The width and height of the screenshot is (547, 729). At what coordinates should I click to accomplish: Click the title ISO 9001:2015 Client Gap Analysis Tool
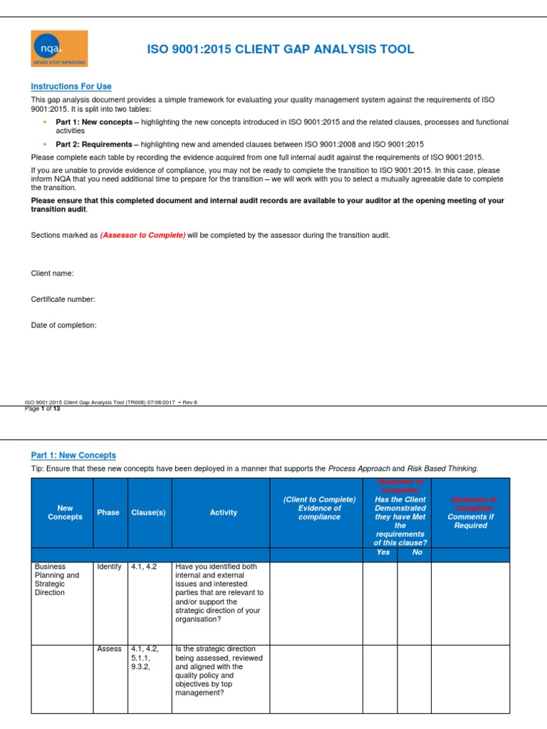click(280, 49)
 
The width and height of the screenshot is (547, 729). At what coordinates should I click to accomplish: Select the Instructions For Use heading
click(71, 87)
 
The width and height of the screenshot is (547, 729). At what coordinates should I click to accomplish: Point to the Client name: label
click(52, 273)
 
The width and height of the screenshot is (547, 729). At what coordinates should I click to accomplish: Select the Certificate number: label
click(63, 300)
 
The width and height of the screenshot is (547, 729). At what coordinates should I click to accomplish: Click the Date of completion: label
click(64, 325)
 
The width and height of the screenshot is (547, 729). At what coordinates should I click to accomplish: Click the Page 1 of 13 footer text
click(43, 409)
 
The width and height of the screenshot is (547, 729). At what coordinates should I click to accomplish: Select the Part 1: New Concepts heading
click(73, 455)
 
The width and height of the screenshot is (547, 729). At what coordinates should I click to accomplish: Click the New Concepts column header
click(65, 513)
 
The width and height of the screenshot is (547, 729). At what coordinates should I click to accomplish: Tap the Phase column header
click(108, 513)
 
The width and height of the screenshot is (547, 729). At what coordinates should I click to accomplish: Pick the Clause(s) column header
click(148, 513)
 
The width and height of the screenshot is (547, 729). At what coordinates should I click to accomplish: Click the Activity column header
click(224, 513)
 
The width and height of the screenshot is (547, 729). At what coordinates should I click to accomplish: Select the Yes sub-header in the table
click(383, 552)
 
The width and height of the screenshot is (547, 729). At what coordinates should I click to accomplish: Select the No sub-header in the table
click(417, 552)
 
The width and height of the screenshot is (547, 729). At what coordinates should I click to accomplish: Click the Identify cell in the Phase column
click(109, 567)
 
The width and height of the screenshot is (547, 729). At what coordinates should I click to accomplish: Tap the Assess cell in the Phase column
click(109, 649)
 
